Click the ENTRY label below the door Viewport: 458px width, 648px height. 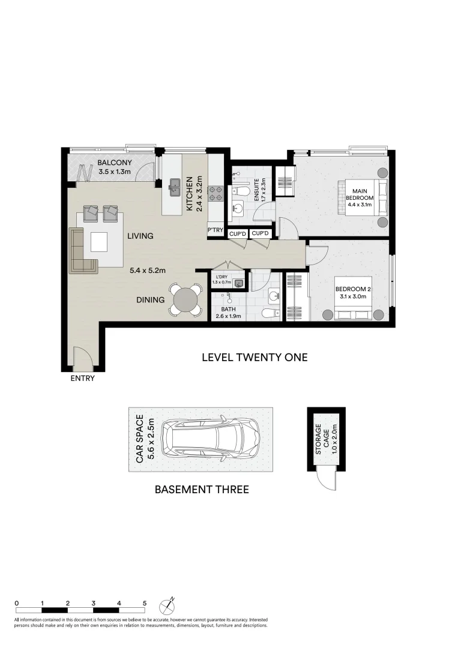[82, 379]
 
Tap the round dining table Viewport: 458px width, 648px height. [185, 299]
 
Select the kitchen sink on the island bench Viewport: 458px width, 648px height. [175, 187]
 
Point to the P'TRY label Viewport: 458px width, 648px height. [215, 230]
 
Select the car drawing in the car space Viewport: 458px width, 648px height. [212, 440]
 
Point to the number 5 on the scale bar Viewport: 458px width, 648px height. [145, 603]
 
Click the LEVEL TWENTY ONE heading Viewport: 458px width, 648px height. [254, 358]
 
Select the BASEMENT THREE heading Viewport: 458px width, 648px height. [202, 490]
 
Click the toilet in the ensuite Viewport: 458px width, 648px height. [243, 191]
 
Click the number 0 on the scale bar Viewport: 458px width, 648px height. [17, 603]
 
